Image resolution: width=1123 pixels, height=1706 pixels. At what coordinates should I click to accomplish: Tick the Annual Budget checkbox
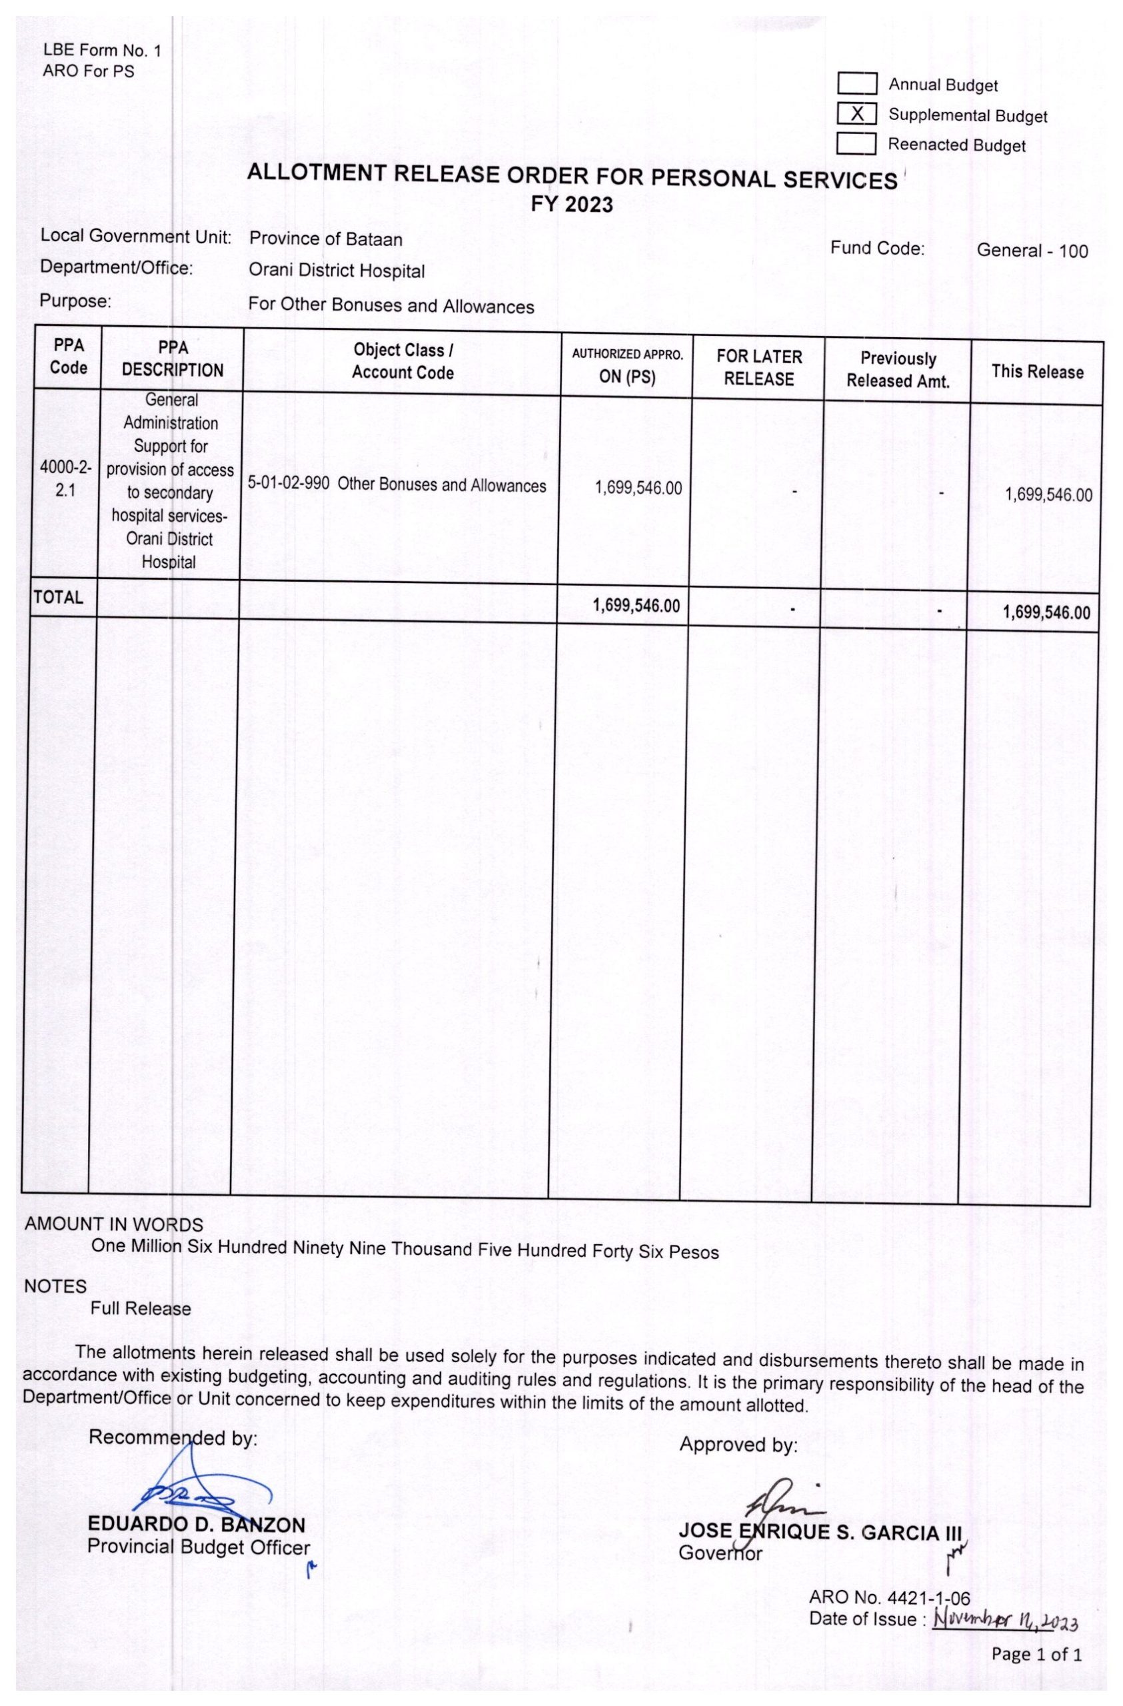[857, 84]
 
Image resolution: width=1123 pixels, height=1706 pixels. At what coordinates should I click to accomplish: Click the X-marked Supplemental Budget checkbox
[857, 114]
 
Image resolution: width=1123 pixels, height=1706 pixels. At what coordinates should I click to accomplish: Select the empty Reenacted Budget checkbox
[856, 144]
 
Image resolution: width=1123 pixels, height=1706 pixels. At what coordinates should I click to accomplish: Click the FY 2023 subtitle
[571, 206]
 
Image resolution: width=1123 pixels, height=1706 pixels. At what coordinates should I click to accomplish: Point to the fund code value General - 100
[1032, 251]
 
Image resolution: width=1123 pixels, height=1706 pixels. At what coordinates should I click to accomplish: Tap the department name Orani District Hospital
[336, 271]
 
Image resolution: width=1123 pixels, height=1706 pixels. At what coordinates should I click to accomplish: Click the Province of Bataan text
[325, 239]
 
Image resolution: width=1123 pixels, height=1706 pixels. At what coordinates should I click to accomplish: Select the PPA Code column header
[69, 357]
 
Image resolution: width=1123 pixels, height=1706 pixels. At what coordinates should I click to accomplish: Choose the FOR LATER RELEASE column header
[759, 368]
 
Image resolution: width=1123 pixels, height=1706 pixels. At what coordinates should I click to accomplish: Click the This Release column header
[1037, 372]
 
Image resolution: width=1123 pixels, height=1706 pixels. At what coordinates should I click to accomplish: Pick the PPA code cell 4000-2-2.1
[65, 480]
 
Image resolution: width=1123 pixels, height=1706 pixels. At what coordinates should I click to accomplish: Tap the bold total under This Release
[1046, 612]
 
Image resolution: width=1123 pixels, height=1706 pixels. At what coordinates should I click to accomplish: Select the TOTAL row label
[58, 597]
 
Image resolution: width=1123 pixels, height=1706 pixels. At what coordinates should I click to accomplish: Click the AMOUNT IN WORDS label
[114, 1224]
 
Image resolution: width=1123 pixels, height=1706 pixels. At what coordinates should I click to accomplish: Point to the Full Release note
[141, 1309]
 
